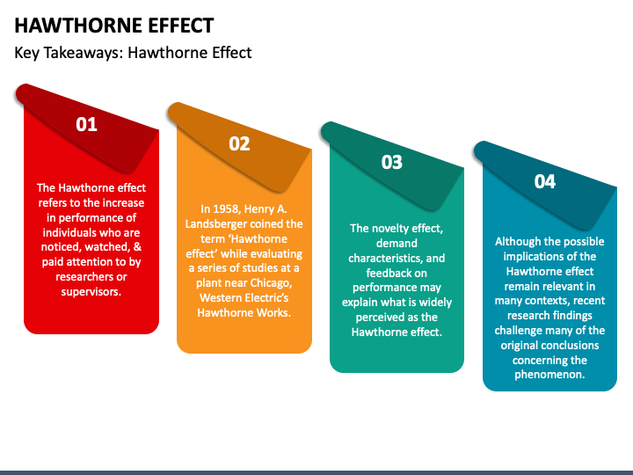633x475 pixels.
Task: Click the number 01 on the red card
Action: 86,124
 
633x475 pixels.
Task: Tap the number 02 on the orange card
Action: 239,143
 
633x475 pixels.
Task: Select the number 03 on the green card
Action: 391,162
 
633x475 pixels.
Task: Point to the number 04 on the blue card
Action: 545,181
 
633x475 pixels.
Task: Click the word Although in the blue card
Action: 520,240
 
